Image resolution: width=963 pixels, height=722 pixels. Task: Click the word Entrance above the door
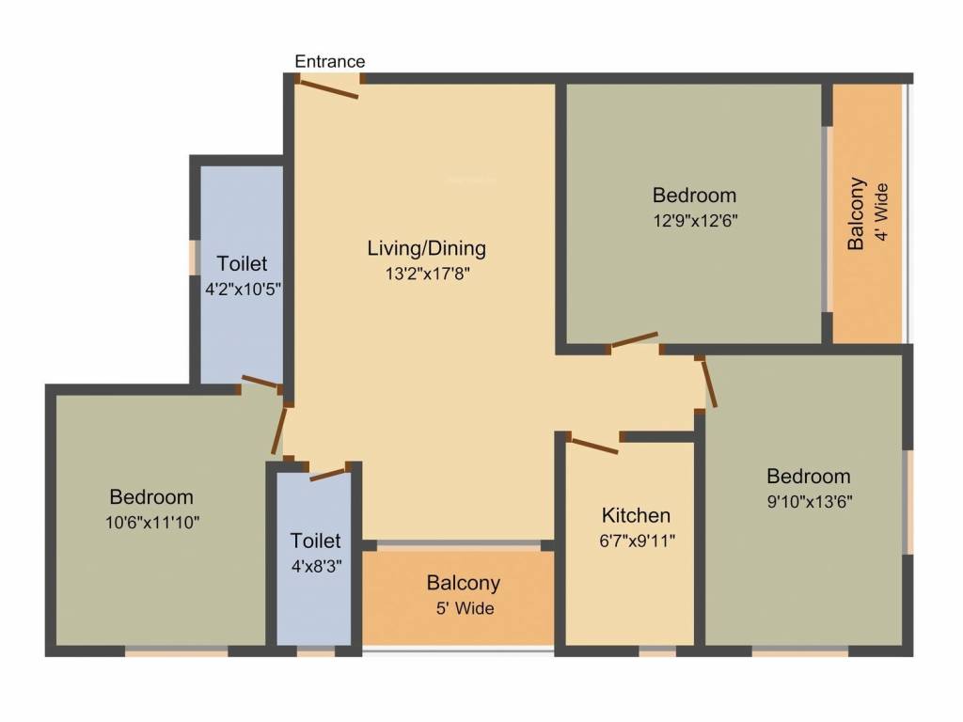(329, 61)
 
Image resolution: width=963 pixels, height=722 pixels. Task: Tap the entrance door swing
(327, 88)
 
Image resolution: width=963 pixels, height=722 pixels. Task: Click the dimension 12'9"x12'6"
(694, 222)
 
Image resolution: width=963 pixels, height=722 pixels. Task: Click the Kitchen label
(636, 515)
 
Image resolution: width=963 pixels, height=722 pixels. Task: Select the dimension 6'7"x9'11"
(636, 541)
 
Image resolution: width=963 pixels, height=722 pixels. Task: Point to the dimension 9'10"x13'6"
(808, 501)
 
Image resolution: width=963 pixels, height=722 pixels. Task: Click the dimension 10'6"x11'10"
(151, 522)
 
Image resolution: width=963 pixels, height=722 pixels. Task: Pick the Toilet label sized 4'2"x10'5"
(242, 264)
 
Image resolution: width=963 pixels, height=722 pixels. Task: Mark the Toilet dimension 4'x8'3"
(315, 566)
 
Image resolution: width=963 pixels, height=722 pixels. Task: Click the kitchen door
(593, 445)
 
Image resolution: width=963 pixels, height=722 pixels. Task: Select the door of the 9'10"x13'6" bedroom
(708, 383)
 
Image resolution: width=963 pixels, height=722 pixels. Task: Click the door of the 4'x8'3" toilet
(328, 473)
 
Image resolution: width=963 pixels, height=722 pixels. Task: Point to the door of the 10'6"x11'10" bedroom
(277, 431)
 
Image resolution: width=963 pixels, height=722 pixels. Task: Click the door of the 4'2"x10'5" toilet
(260, 383)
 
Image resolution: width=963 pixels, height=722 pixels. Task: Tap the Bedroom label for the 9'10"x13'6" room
(808, 476)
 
